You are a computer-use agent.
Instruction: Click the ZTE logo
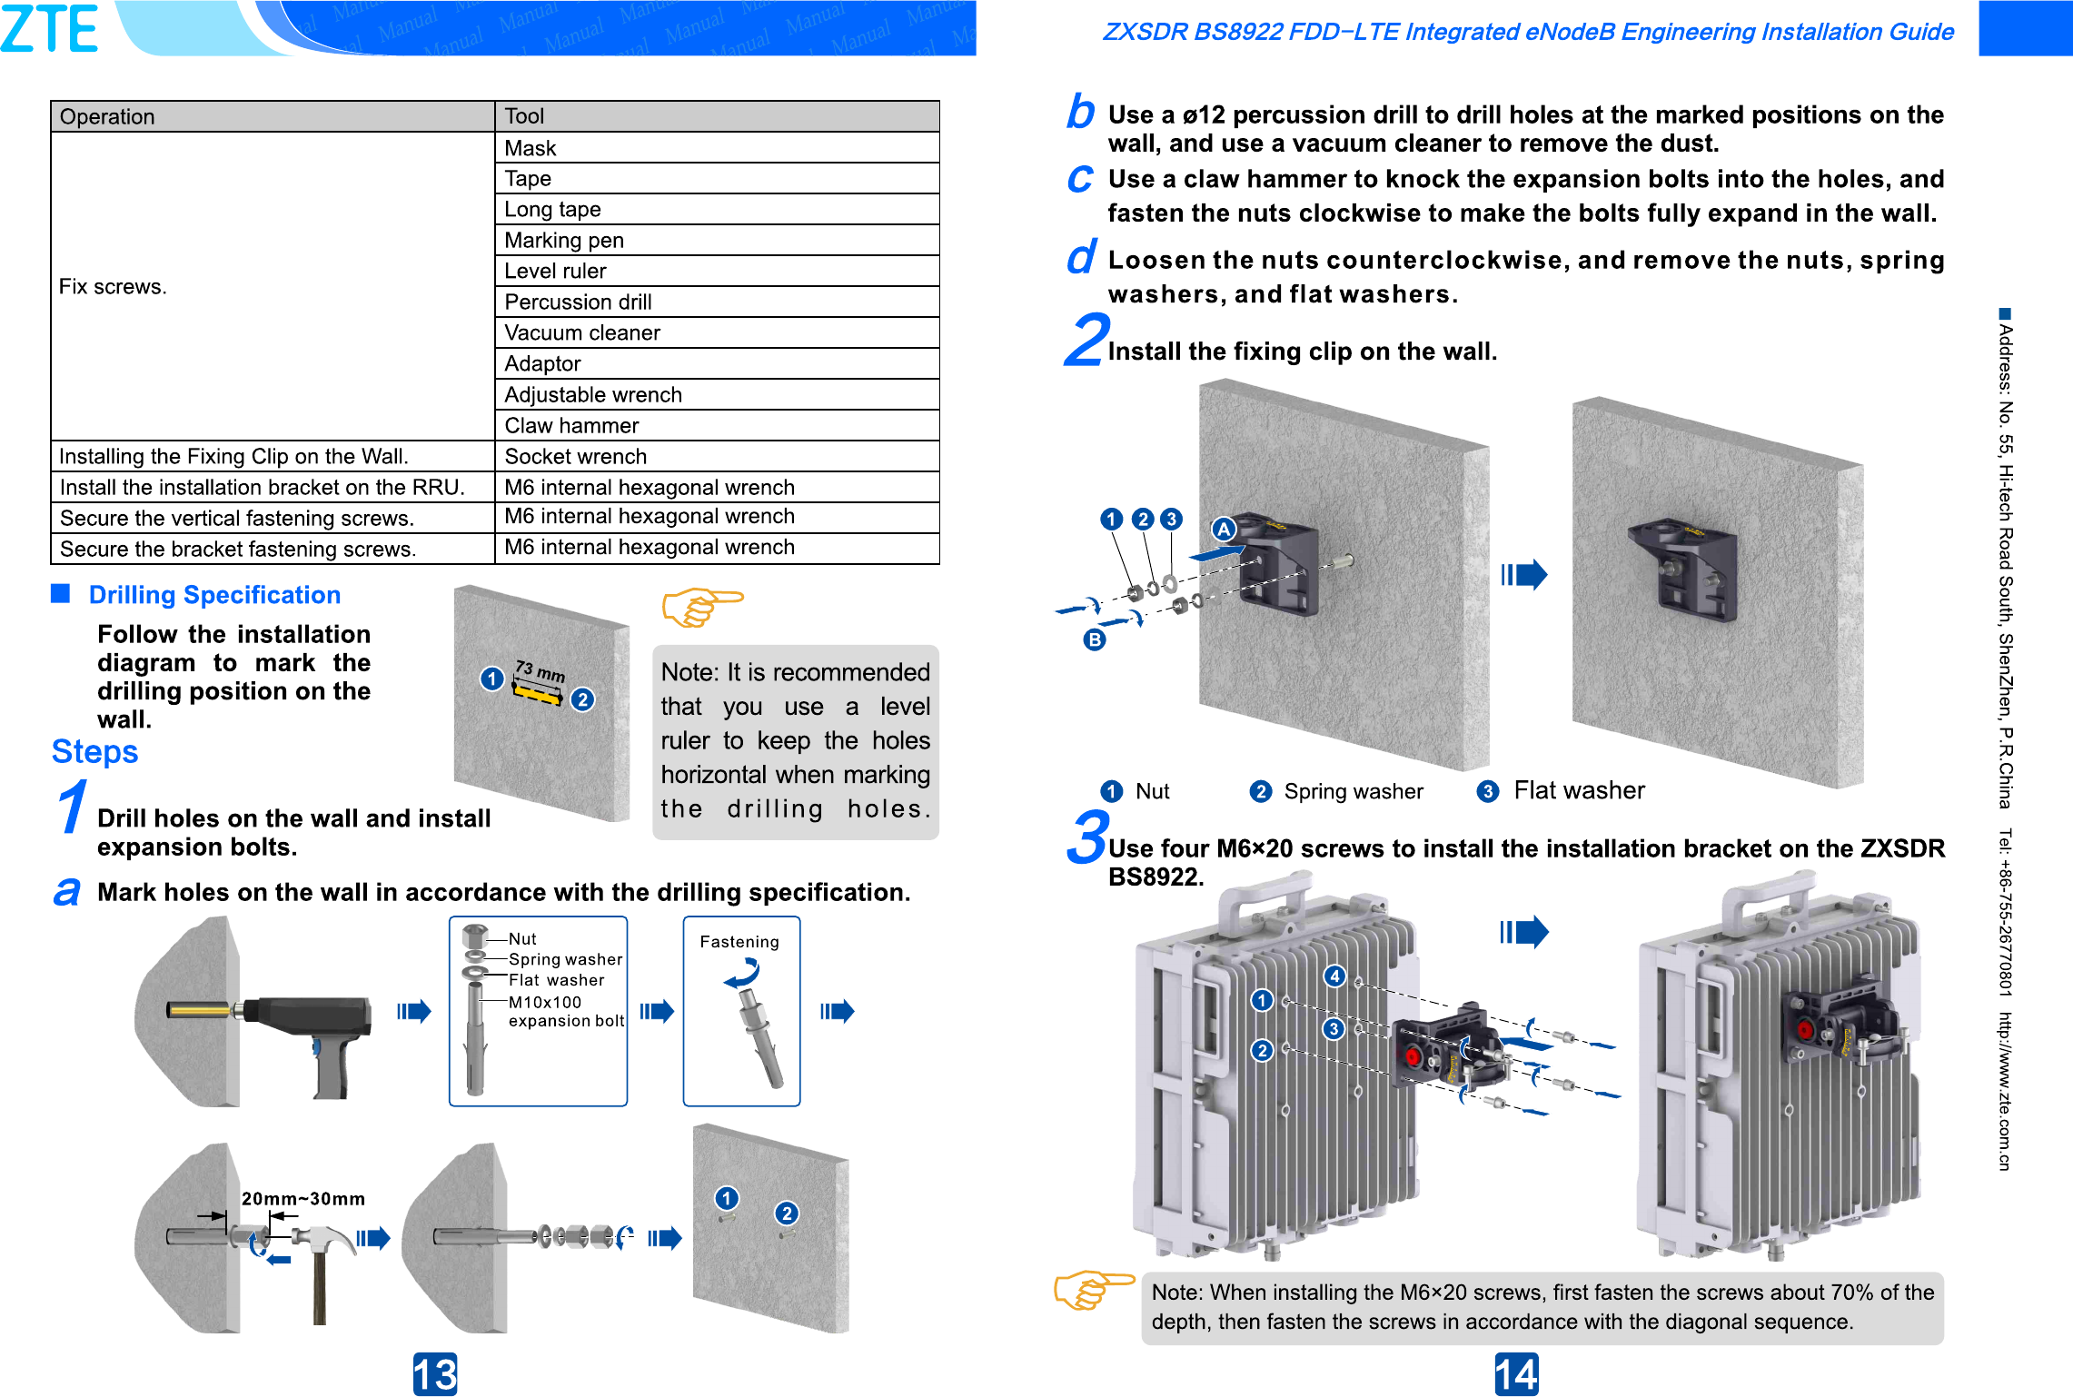50,29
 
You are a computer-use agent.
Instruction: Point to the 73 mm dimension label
541,671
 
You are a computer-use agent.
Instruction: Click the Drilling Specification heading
214,595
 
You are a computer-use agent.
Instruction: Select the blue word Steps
94,752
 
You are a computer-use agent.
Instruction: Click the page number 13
434,1373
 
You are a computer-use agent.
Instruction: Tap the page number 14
1516,1373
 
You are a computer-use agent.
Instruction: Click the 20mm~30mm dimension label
303,1199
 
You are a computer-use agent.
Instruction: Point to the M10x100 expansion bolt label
565,1011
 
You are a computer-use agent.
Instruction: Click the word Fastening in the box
739,942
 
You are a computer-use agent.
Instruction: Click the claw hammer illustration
322,1263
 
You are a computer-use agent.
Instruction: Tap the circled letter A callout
1224,529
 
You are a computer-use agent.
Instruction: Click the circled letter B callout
1095,639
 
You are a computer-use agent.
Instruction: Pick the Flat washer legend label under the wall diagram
1579,790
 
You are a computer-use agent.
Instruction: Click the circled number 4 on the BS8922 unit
1334,976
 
